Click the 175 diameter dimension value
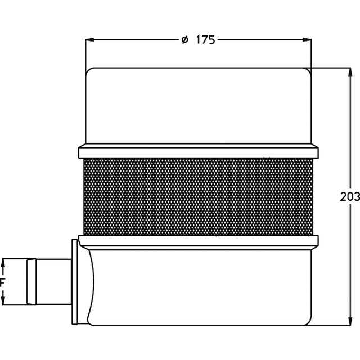coord(206,40)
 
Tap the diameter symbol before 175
coord(185,40)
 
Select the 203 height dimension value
coord(350,197)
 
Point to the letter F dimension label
coord(2,282)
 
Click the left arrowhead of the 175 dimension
coord(90,40)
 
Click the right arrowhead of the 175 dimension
coord(307,40)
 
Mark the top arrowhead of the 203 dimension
coord(350,72)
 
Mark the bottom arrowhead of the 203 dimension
coord(350,321)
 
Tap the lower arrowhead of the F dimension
coord(3,300)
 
